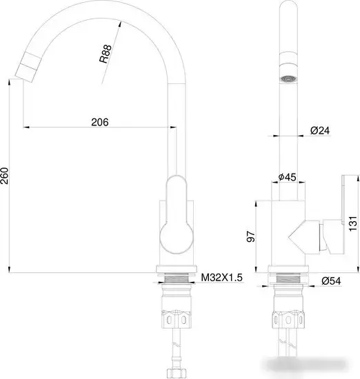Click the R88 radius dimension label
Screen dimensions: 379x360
[105, 54]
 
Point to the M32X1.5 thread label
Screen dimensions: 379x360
[221, 278]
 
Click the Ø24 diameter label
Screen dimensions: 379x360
[319, 130]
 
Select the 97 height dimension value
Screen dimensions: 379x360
[252, 236]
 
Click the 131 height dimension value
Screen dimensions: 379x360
[353, 223]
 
